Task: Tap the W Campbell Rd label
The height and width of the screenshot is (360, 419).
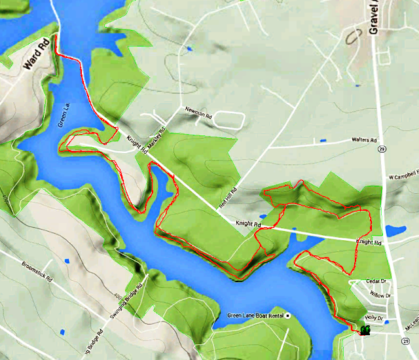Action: (x=403, y=177)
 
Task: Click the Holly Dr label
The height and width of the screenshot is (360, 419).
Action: (x=373, y=319)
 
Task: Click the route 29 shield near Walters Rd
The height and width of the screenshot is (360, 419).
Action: (x=381, y=149)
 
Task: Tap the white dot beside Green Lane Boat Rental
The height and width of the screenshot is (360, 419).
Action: (x=287, y=316)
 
